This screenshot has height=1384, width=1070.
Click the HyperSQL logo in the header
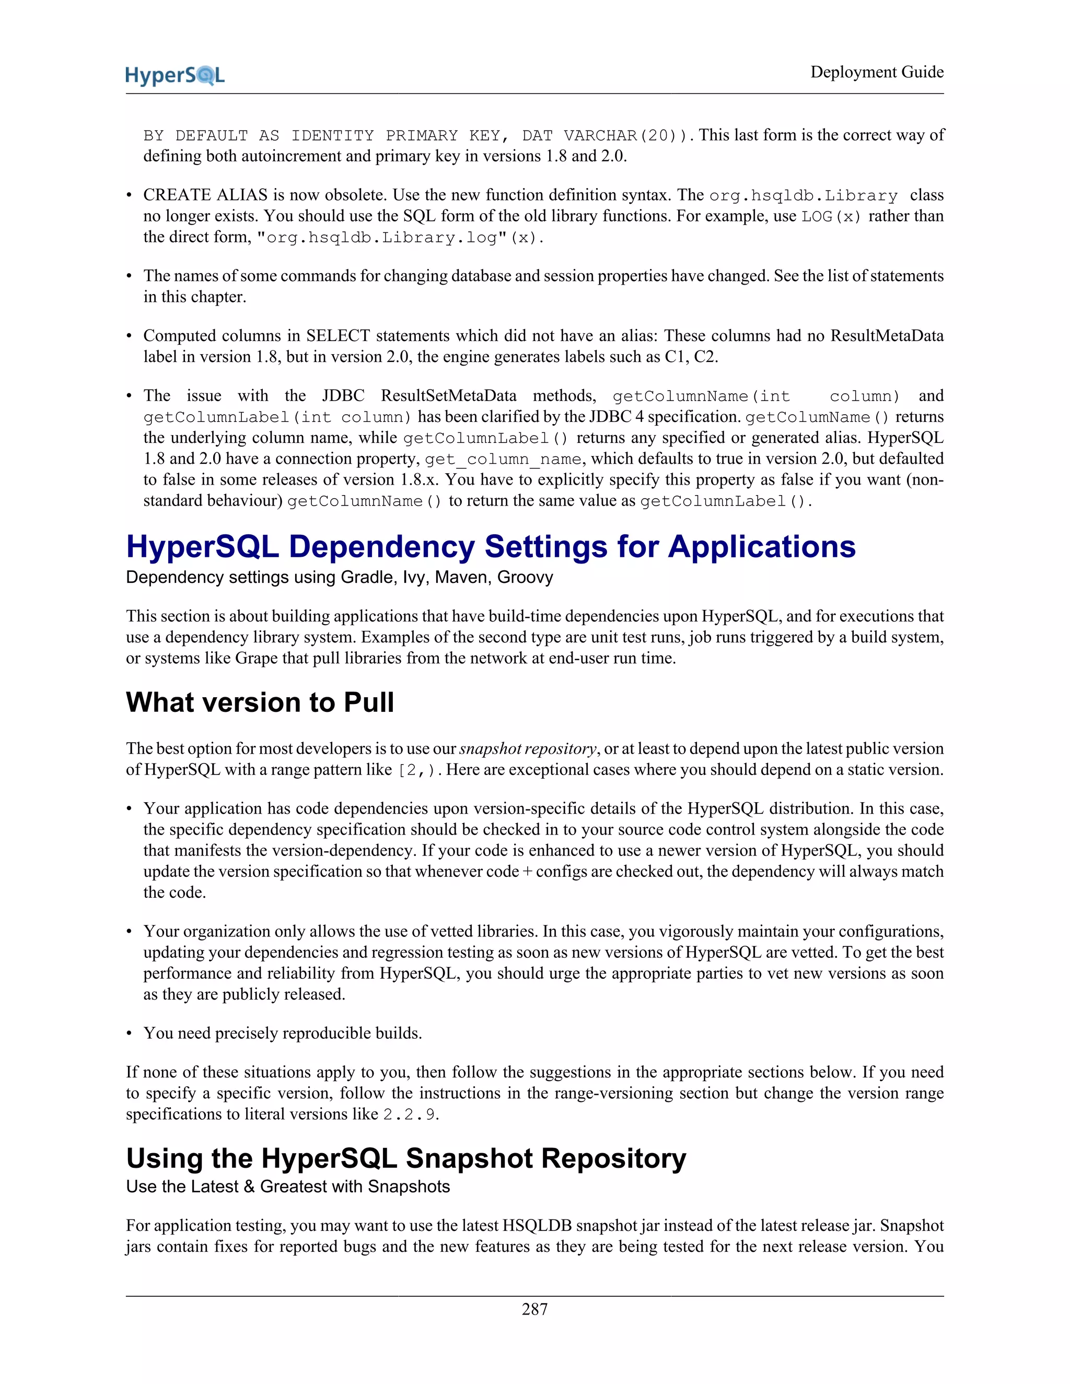[x=175, y=75]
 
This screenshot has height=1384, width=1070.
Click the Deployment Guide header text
[x=877, y=72]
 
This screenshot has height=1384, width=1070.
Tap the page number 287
[x=534, y=1309]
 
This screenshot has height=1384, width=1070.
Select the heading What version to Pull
[x=260, y=702]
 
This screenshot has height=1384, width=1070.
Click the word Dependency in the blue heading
[x=381, y=546]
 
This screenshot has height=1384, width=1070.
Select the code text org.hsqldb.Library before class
[x=803, y=196]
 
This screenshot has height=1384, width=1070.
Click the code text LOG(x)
[x=831, y=217]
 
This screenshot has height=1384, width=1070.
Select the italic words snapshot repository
[x=527, y=749]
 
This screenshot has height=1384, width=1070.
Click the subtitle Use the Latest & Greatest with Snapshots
[x=288, y=1186]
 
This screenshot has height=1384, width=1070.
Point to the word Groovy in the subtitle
[x=525, y=577]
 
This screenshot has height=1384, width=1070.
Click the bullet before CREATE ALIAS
[x=130, y=195]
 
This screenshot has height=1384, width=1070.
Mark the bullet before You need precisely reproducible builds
[x=130, y=1034]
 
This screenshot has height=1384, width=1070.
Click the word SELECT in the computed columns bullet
[x=338, y=336]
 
